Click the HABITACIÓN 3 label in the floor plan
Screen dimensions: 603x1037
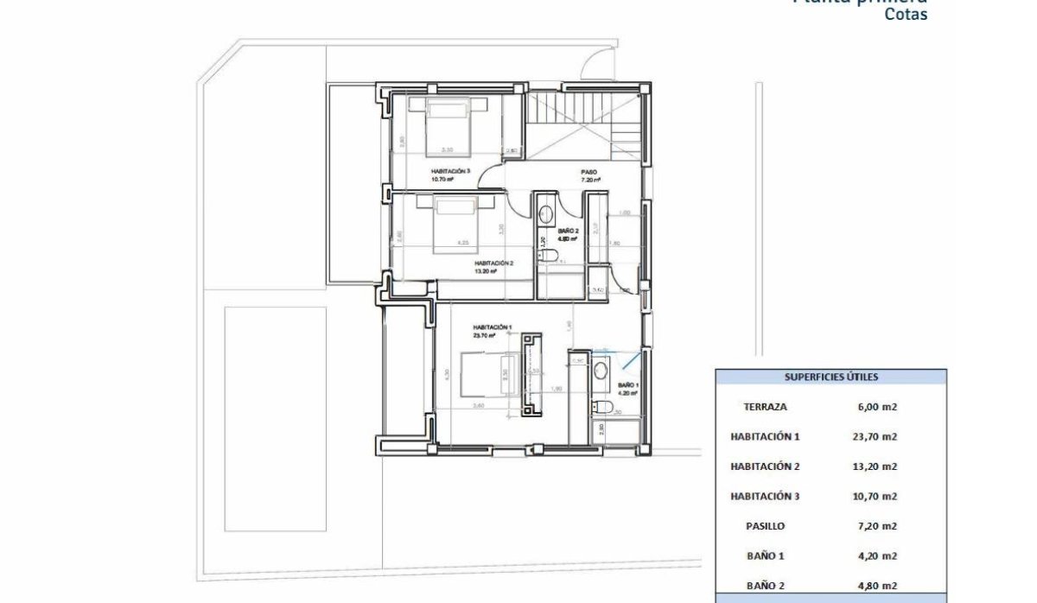click(x=450, y=171)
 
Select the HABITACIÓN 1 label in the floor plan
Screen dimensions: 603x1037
click(x=492, y=327)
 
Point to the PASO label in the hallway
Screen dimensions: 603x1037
click(x=589, y=172)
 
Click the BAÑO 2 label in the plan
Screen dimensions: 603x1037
click(x=567, y=232)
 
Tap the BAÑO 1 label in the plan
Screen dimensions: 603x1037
click(x=627, y=385)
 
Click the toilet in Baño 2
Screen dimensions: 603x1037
click(x=547, y=254)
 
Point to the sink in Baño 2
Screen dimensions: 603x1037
click(x=546, y=213)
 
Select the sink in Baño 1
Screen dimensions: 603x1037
click(x=601, y=370)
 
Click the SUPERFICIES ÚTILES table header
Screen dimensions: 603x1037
click(x=830, y=377)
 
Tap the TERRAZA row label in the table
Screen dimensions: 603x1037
click(x=765, y=406)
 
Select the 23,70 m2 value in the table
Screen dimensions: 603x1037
click(x=875, y=436)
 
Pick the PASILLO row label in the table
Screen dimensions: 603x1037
click(x=765, y=525)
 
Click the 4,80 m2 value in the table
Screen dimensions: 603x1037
click(x=875, y=585)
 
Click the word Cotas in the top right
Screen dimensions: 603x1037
click(x=906, y=15)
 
